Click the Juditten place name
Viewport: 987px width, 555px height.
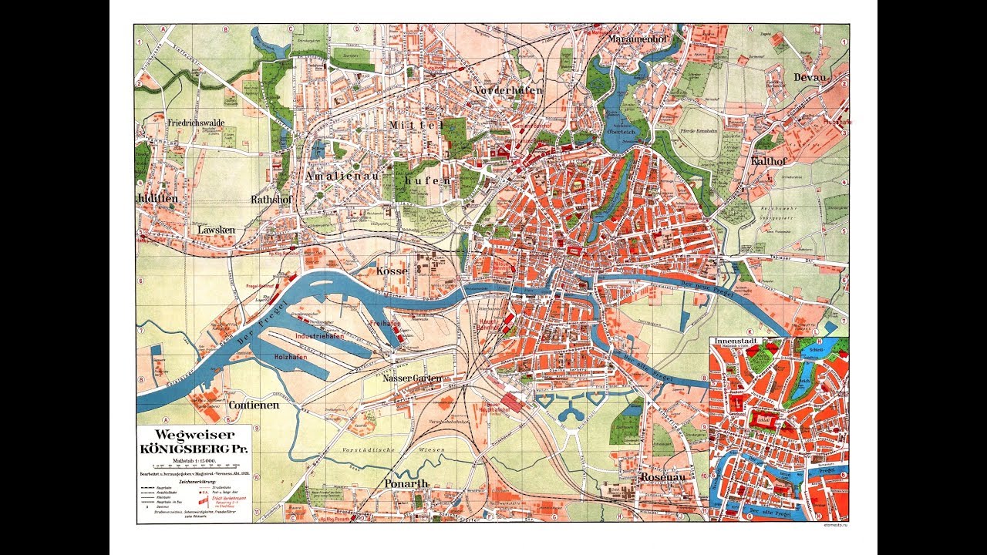(157, 198)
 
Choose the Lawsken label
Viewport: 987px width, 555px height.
(215, 230)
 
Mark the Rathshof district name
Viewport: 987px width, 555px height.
(271, 199)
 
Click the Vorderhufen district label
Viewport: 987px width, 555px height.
(509, 90)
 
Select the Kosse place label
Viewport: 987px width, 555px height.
(392, 271)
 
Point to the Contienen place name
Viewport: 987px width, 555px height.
(253, 405)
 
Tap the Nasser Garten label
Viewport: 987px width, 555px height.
(412, 378)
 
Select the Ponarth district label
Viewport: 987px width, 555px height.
(406, 483)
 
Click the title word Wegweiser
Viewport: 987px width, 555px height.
(194, 436)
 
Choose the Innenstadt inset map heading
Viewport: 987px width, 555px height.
(733, 341)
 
